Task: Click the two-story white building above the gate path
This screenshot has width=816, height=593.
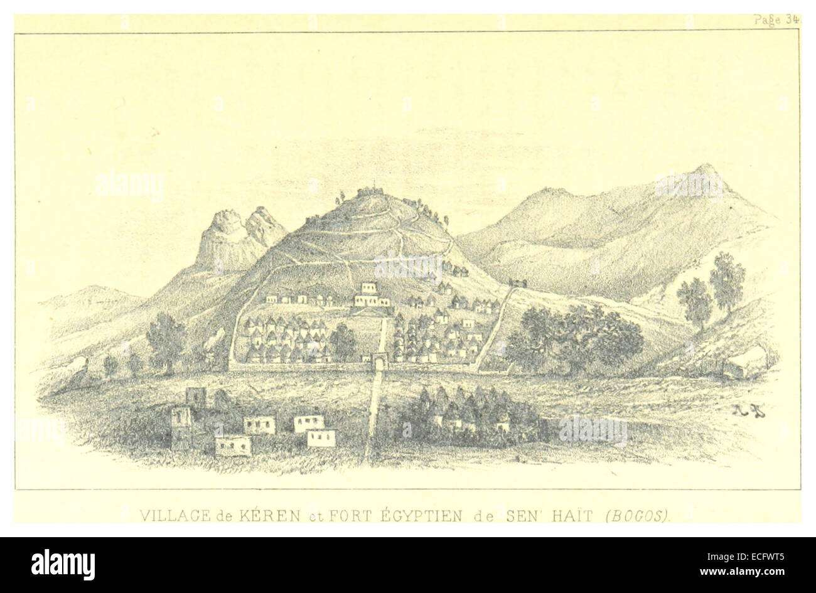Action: [x=372, y=294]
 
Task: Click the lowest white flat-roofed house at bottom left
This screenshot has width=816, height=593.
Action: [x=233, y=446]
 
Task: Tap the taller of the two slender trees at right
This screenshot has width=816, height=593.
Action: [x=727, y=279]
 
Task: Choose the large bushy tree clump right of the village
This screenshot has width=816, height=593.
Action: [x=574, y=339]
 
